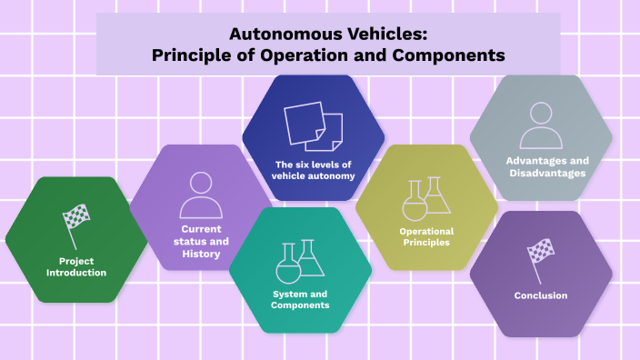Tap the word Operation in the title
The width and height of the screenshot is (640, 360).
tap(313, 55)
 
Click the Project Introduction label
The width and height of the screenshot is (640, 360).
tap(76, 266)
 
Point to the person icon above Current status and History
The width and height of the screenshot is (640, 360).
tap(201, 194)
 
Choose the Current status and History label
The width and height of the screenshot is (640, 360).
tap(201, 241)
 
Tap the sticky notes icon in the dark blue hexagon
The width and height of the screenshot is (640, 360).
tap(314, 126)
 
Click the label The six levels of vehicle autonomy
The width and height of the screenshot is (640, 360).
tap(314, 170)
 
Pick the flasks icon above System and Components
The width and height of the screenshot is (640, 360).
tap(300, 260)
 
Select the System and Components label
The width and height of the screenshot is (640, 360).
tap(300, 299)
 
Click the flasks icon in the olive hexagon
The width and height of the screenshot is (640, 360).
tap(426, 198)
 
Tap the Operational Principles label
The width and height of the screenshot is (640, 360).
tap(426, 236)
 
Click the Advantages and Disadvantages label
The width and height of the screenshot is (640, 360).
tap(541, 166)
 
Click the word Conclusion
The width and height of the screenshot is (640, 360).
tap(541, 295)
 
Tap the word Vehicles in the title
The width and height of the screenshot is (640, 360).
tap(380, 35)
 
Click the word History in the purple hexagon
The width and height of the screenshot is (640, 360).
tap(201, 254)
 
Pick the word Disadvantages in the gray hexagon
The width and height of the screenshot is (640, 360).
tap(541, 173)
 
